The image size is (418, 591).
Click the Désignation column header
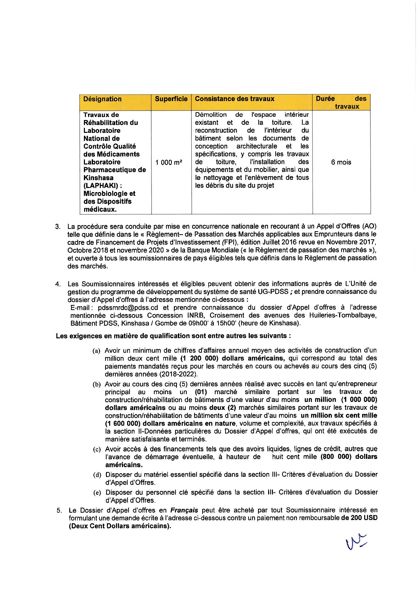coord(102,99)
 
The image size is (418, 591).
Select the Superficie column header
coord(171,99)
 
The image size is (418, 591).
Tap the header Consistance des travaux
coord(235,99)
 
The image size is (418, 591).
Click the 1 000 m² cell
coord(169,162)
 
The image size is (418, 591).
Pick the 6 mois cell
coord(341,162)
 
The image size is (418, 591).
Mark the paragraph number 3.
coord(58,227)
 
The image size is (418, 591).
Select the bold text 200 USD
coord(363,518)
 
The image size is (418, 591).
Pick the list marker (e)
coord(97,493)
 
